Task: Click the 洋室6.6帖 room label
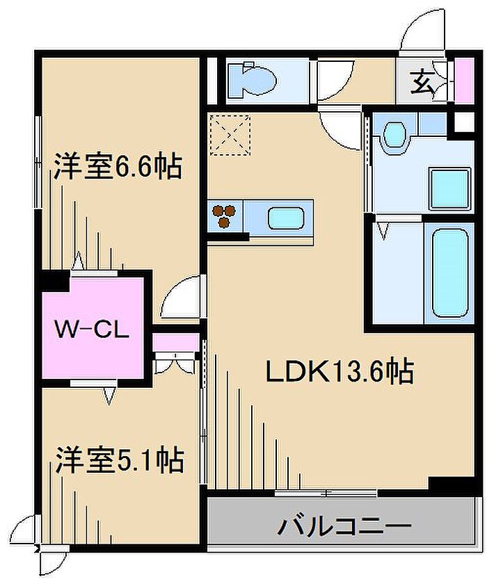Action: click(118, 166)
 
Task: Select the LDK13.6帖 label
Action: click(340, 371)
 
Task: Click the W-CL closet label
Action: click(92, 329)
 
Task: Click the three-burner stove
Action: click(224, 215)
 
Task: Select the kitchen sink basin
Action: click(285, 218)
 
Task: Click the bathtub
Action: click(450, 273)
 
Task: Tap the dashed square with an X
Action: click(230, 135)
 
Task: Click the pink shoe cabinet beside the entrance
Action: click(465, 81)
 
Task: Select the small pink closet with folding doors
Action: click(175, 343)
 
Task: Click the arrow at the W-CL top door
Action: click(78, 261)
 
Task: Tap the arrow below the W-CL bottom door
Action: click(109, 396)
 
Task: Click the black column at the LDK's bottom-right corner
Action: click(452, 485)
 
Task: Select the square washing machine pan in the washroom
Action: click(449, 188)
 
